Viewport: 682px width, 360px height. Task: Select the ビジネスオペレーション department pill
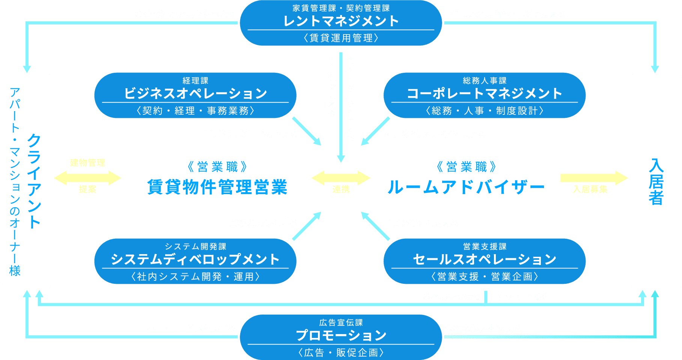[195, 95]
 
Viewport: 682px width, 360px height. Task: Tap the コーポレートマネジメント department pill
[484, 95]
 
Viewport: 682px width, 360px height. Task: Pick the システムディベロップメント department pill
[195, 261]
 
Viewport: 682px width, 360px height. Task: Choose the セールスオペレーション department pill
[484, 261]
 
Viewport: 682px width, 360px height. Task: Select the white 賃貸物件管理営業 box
[216, 178]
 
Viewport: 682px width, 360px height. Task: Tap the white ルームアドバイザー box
[465, 178]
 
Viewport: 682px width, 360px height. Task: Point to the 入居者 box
[656, 181]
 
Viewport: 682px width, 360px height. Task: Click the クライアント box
[26, 181]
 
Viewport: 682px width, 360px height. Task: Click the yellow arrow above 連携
[341, 178]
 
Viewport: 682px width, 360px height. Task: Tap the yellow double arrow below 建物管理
[87, 178]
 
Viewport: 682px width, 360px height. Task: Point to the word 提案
[87, 189]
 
